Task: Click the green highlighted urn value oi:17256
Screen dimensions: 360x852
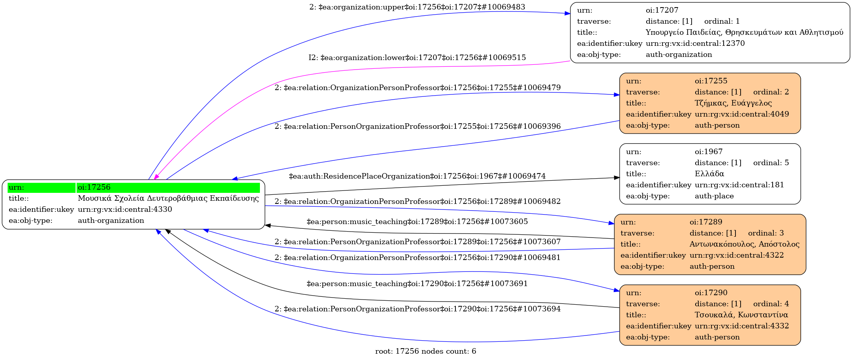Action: click(x=94, y=187)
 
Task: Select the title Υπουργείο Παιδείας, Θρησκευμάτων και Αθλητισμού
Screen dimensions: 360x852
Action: click(x=744, y=32)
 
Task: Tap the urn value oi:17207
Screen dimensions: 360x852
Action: click(x=662, y=10)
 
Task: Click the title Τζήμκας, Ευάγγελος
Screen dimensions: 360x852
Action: click(x=733, y=103)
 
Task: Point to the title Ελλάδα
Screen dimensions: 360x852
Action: click(x=709, y=174)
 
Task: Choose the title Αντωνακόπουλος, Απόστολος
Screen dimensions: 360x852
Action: click(x=744, y=244)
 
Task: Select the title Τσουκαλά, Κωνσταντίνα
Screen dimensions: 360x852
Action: click(x=741, y=315)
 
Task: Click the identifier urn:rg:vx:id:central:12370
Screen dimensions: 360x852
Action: click(x=695, y=43)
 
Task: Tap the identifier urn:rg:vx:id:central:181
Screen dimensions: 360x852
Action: click(x=739, y=185)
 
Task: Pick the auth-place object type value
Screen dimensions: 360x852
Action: click(x=714, y=196)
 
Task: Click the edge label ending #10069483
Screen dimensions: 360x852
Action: click(x=417, y=7)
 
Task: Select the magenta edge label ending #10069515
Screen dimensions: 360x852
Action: click(x=417, y=58)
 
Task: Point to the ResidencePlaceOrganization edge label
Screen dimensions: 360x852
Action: click(x=417, y=176)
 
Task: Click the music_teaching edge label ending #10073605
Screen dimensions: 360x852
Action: click(x=417, y=222)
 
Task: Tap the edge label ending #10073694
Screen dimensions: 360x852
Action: click(x=417, y=309)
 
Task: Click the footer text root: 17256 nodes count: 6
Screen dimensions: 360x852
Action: click(x=425, y=351)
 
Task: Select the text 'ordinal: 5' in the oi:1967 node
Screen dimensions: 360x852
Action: click(x=771, y=163)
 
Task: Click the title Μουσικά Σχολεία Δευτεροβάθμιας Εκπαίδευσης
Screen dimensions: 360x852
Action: click(x=168, y=198)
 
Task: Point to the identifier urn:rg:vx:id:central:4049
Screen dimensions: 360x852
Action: click(x=741, y=114)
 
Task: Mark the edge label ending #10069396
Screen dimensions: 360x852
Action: click(x=417, y=126)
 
